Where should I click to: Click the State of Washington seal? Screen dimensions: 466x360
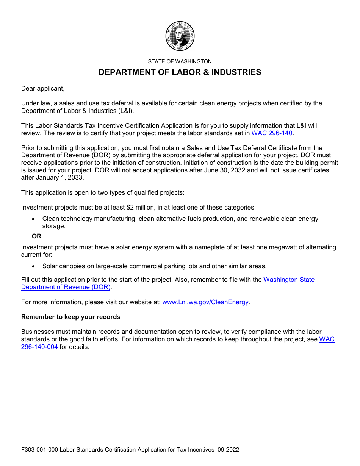[180, 36]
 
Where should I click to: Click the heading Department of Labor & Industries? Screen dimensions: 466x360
[180, 72]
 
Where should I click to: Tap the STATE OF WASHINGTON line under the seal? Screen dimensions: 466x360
[180, 61]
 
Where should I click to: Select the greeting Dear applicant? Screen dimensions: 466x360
[43, 88]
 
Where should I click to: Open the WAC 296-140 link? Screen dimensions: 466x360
[272, 133]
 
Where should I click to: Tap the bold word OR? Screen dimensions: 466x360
[37, 236]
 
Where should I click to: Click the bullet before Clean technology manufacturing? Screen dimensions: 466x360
[34, 219]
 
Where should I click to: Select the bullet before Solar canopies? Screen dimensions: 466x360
[34, 266]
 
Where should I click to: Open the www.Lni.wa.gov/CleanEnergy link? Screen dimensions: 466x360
[205, 302]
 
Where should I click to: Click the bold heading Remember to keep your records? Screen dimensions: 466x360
[70, 317]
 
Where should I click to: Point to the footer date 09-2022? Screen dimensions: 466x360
[228, 450]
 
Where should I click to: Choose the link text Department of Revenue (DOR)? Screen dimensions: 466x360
[66, 287]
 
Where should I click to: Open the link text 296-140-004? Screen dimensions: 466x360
[39, 347]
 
